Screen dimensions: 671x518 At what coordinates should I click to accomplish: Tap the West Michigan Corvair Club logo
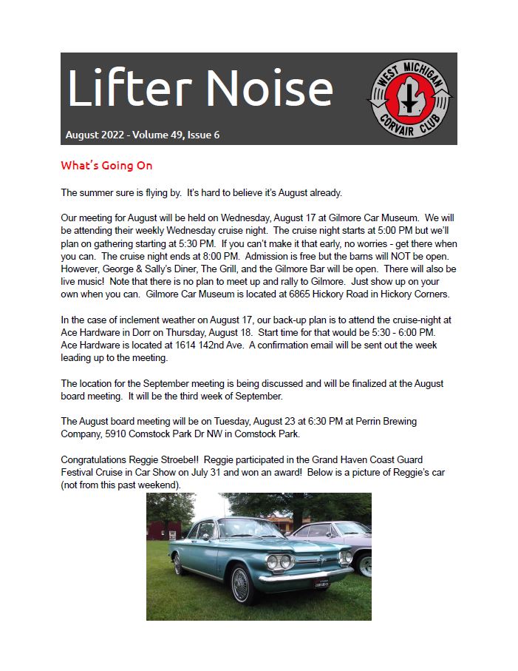(x=410, y=98)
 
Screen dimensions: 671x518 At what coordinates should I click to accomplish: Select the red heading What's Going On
(x=106, y=166)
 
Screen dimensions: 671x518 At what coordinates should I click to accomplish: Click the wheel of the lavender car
(x=364, y=565)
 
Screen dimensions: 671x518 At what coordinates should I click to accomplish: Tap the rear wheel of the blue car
(x=177, y=564)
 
